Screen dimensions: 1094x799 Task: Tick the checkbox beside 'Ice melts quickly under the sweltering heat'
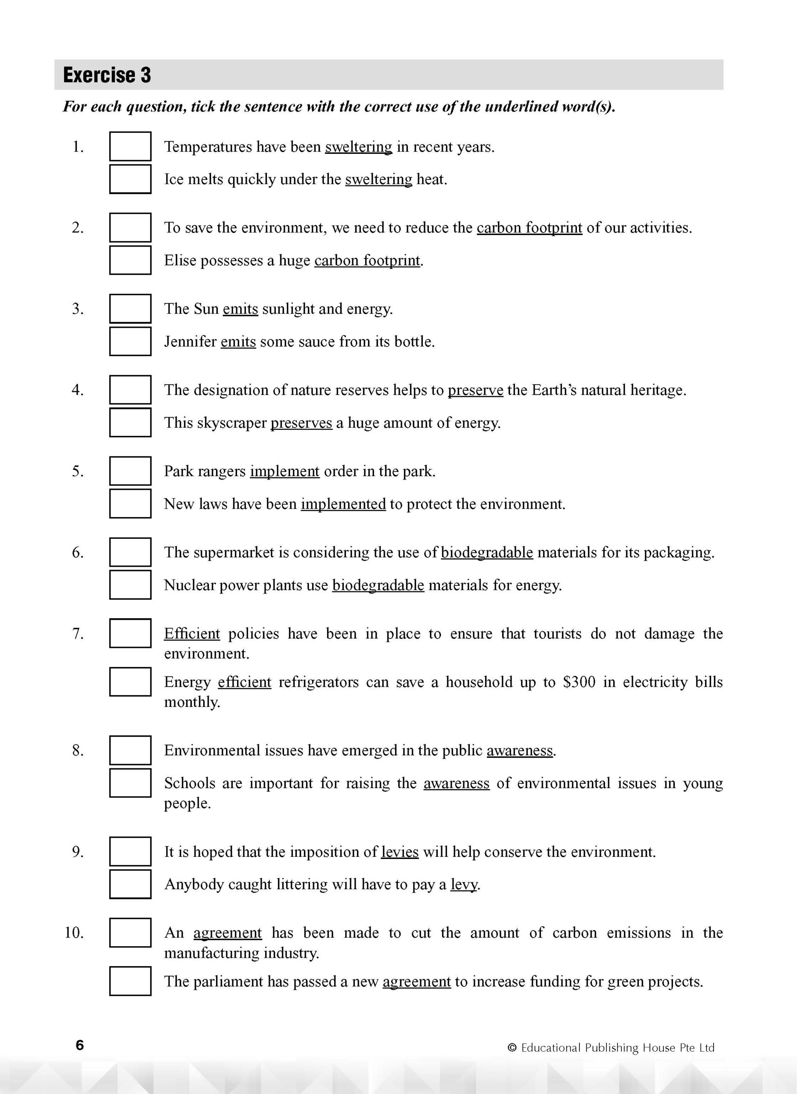pyautogui.click(x=130, y=179)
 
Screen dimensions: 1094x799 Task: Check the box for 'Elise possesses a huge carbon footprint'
pyautogui.click(x=130, y=261)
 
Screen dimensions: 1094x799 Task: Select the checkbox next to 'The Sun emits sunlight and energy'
pyautogui.click(x=130, y=309)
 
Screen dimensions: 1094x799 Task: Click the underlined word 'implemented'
pyautogui.click(x=343, y=505)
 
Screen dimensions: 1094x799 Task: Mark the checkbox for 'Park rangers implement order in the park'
pyautogui.click(x=130, y=471)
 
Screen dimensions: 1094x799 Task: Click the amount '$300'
pyautogui.click(x=579, y=682)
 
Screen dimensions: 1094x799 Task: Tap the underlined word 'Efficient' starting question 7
pyautogui.click(x=192, y=634)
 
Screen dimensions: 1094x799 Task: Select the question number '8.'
pyautogui.click(x=78, y=750)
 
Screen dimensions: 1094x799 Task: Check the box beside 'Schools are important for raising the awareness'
pyautogui.click(x=130, y=783)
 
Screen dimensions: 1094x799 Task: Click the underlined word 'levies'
pyautogui.click(x=400, y=852)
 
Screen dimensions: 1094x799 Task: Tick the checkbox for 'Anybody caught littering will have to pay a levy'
pyautogui.click(x=130, y=885)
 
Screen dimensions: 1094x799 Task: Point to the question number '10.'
pyautogui.click(x=74, y=933)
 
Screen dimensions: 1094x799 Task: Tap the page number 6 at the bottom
pyautogui.click(x=80, y=1046)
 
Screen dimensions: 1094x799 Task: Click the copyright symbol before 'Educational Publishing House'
pyautogui.click(x=512, y=1048)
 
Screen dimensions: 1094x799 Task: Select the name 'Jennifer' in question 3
pyautogui.click(x=190, y=342)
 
